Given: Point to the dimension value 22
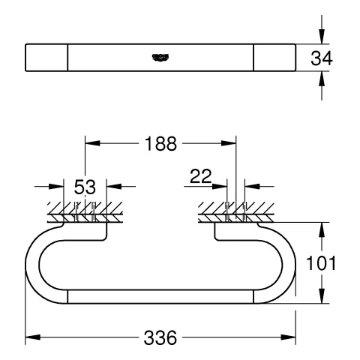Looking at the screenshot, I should pos(200,177).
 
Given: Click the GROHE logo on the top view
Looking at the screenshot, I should pos(161,56).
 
